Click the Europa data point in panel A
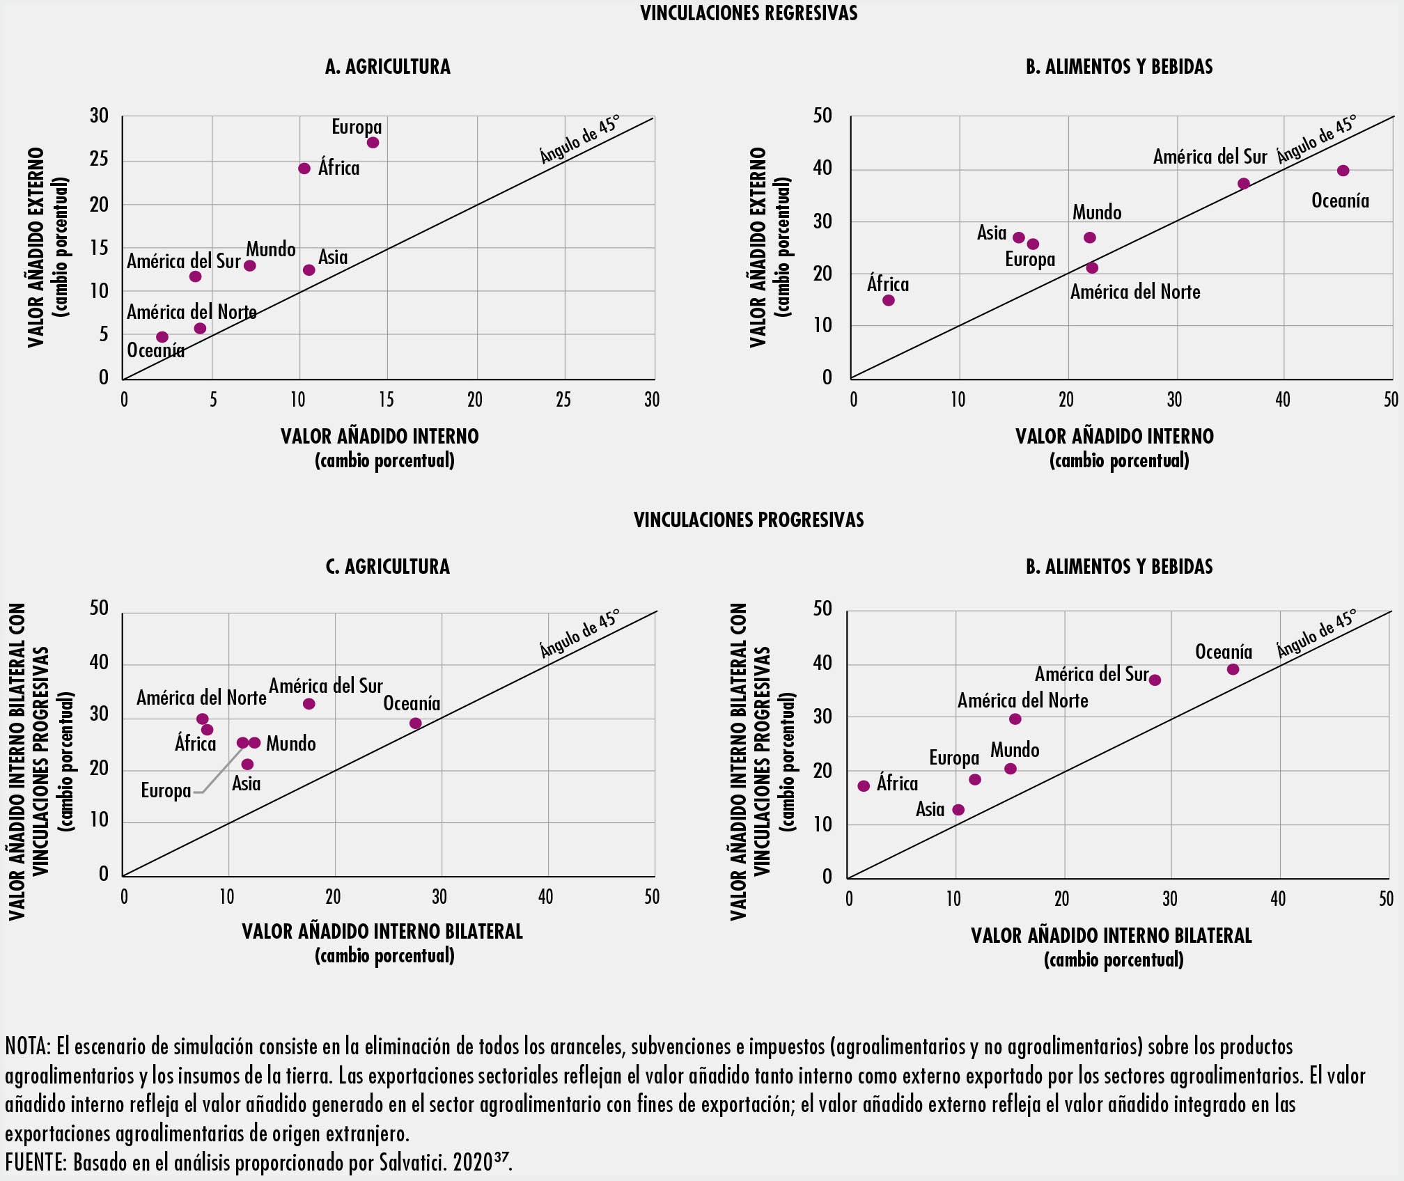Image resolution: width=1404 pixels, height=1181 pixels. (x=373, y=143)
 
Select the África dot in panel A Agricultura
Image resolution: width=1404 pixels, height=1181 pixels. (x=304, y=169)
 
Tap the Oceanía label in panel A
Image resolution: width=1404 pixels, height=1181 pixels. (x=156, y=350)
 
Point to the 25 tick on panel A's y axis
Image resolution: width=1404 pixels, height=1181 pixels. (x=100, y=159)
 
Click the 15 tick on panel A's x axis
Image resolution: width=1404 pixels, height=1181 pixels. (x=387, y=400)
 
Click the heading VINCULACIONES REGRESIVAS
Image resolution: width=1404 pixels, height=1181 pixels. (x=749, y=13)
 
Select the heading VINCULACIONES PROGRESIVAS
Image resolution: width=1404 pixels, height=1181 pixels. (x=749, y=520)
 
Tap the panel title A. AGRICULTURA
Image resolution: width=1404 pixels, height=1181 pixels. (x=388, y=67)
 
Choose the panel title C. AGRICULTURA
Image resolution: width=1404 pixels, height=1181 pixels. (x=388, y=567)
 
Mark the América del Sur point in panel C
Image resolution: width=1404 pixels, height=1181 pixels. (x=309, y=704)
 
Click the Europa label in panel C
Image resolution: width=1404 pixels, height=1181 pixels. (x=166, y=791)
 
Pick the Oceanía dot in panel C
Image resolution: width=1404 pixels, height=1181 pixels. (x=416, y=724)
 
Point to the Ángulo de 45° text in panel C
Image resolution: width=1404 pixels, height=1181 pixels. (x=579, y=634)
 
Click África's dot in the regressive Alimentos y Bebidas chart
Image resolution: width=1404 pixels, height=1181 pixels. (x=889, y=301)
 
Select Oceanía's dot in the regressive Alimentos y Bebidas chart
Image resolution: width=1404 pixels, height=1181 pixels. (x=1343, y=171)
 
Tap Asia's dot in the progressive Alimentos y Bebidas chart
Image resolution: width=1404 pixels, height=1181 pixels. (x=958, y=810)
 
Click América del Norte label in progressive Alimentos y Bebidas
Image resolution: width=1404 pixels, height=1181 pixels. (x=1022, y=701)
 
